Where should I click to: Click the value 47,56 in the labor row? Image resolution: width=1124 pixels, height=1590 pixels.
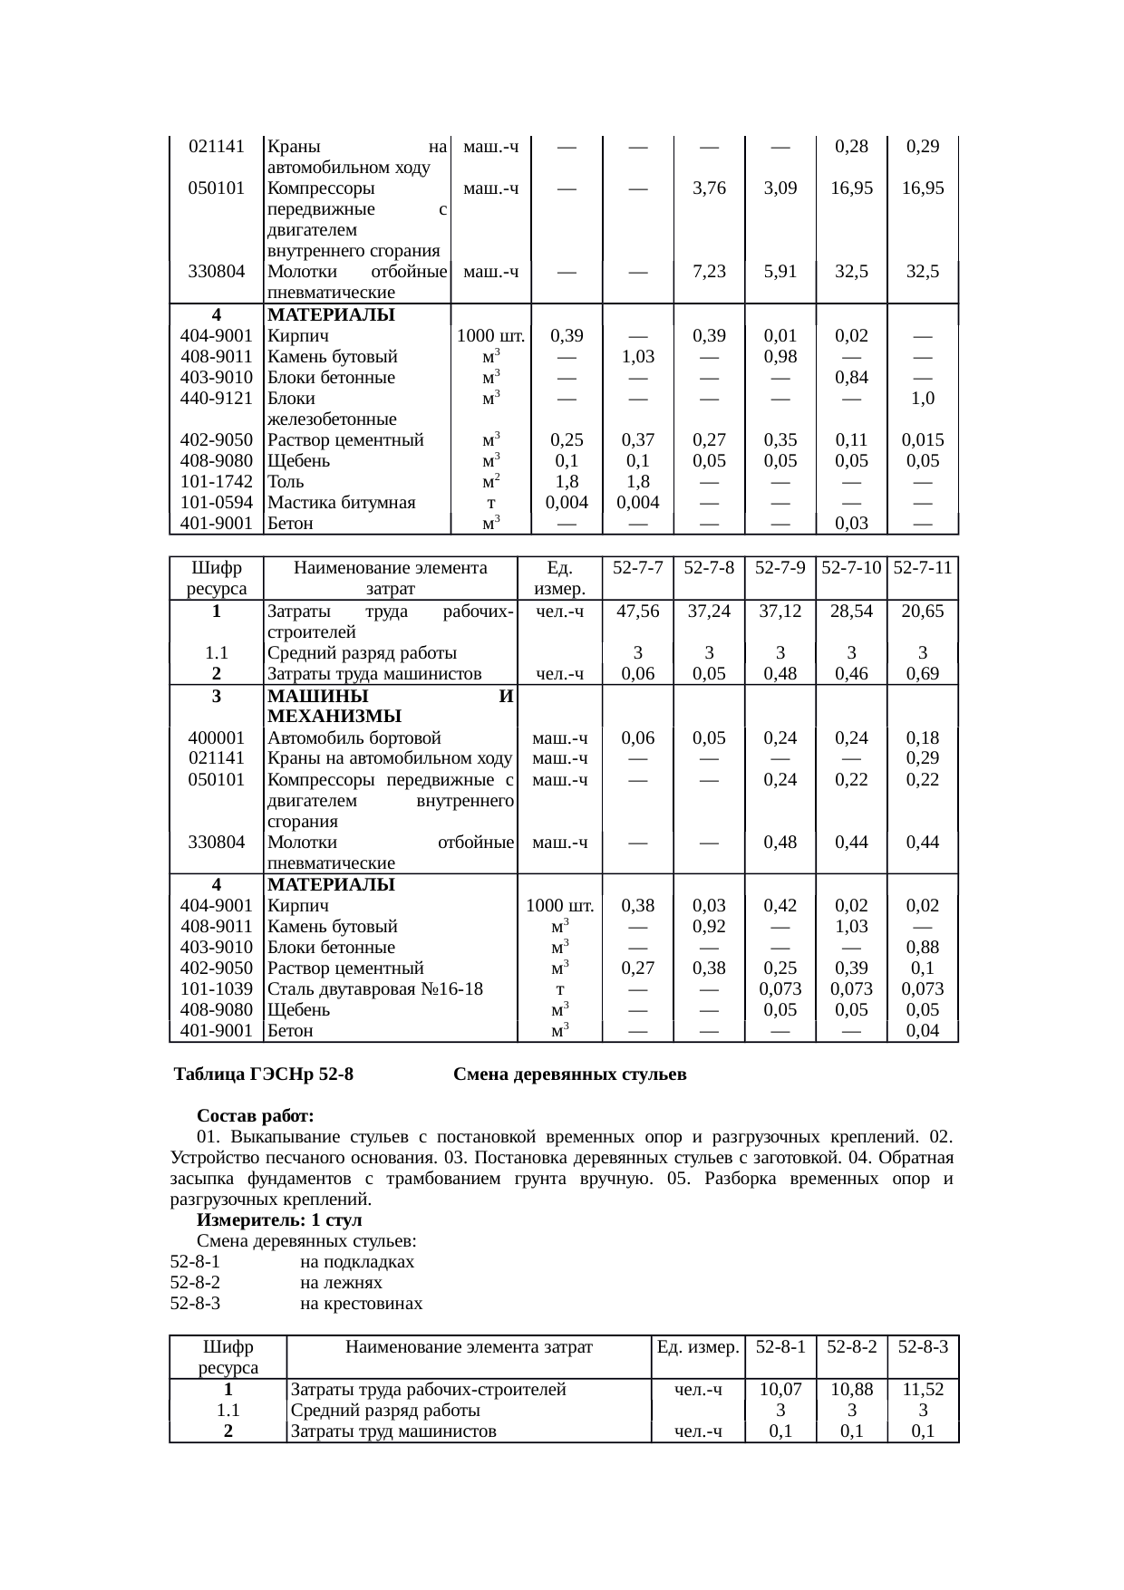[637, 612]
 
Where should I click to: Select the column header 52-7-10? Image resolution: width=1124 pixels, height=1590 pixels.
[851, 568]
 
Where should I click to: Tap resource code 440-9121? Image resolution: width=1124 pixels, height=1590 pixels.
[217, 399]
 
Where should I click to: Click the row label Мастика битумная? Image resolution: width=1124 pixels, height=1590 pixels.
[342, 503]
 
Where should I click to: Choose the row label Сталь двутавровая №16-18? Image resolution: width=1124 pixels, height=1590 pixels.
[375, 989]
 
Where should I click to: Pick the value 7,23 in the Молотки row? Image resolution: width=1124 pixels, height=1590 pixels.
[709, 271]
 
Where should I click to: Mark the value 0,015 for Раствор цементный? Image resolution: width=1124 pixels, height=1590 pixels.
[923, 440]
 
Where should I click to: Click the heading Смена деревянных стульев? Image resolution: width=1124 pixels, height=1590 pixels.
[569, 1074]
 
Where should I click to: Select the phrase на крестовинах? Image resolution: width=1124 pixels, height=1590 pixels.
[361, 1304]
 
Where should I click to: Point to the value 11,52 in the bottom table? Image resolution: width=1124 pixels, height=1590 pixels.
[923, 1389]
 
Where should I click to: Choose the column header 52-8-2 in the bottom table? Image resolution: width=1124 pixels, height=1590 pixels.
[851, 1346]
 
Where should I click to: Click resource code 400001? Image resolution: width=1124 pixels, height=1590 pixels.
[217, 738]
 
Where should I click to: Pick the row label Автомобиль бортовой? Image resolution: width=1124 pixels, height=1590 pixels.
[354, 738]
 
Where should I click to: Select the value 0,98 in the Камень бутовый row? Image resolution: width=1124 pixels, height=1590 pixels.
[780, 357]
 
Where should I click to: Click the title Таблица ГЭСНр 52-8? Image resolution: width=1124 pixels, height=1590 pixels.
[264, 1074]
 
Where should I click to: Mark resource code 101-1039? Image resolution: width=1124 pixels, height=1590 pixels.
[217, 989]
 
